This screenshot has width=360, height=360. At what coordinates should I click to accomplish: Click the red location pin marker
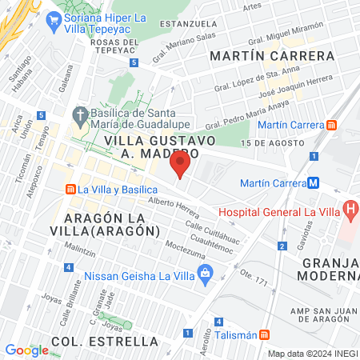click(x=180, y=166)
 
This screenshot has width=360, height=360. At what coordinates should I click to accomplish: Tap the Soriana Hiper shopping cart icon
click(x=54, y=22)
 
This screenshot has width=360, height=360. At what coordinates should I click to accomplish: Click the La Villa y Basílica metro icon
click(x=70, y=190)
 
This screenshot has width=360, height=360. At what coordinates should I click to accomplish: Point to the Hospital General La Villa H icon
click(x=350, y=210)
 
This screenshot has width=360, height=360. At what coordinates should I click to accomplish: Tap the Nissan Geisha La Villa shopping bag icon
click(x=206, y=272)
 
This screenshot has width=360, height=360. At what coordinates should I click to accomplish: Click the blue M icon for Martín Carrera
click(x=314, y=182)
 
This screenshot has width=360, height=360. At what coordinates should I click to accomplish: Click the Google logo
click(x=26, y=350)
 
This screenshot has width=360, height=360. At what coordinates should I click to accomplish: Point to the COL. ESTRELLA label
click(x=105, y=342)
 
